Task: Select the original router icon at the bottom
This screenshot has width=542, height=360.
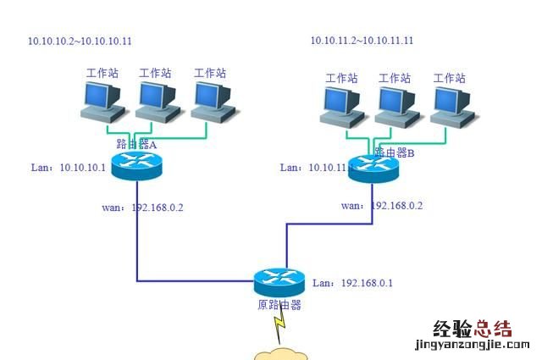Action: pos(279,281)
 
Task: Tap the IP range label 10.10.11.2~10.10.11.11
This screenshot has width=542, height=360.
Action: pos(362,40)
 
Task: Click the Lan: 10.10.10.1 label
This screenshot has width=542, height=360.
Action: pos(68,168)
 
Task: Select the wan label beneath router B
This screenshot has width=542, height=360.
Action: pos(381,205)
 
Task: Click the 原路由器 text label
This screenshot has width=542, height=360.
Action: pos(279,305)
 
